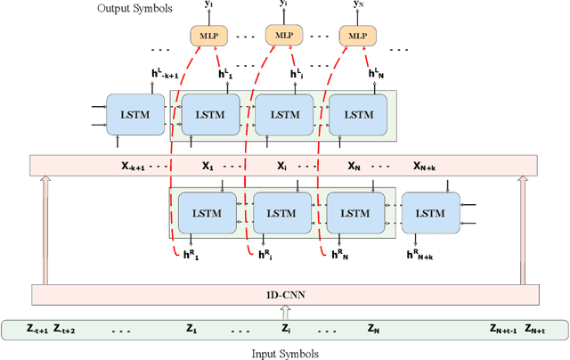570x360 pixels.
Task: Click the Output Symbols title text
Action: click(x=134, y=8)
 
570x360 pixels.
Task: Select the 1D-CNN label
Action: click(x=284, y=294)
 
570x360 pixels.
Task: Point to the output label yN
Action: click(x=358, y=5)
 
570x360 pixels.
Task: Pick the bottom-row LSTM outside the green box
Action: click(x=430, y=213)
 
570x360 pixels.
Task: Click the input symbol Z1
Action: click(x=191, y=329)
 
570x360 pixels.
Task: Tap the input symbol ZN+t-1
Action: click(x=505, y=329)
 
